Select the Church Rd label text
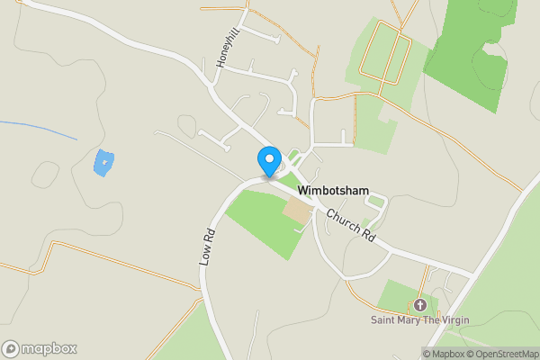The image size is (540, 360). click(350, 226)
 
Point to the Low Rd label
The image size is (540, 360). click(207, 246)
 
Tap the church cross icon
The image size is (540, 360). click(419, 304)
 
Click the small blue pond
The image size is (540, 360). click(104, 163)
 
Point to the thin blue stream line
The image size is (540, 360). click(40, 129)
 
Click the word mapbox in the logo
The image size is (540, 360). click(50, 348)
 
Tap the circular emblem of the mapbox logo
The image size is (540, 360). click(11, 348)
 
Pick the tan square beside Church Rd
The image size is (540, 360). click(297, 212)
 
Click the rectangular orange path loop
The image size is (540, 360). click(385, 58)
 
